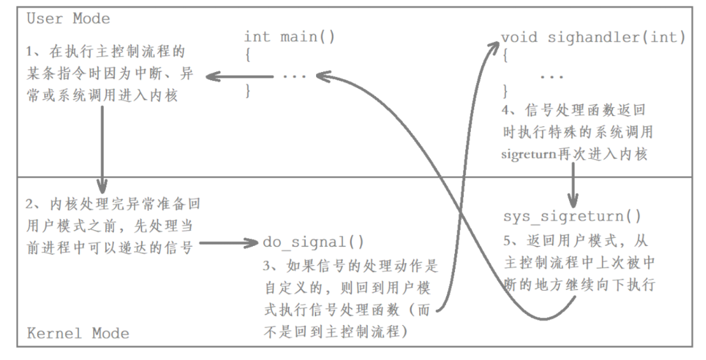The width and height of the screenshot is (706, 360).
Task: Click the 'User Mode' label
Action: click(x=68, y=18)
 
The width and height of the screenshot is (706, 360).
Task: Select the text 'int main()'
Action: click(x=289, y=36)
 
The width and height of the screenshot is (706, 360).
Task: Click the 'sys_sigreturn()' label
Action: click(x=572, y=217)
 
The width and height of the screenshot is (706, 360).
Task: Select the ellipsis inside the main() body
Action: click(x=294, y=76)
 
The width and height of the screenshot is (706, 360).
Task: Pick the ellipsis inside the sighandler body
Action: click(x=552, y=76)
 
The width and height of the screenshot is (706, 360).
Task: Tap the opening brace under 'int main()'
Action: click(x=247, y=55)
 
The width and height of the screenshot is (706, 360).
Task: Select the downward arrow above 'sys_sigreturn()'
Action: click(x=573, y=185)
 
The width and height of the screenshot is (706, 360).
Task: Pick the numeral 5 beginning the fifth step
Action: click(x=507, y=242)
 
